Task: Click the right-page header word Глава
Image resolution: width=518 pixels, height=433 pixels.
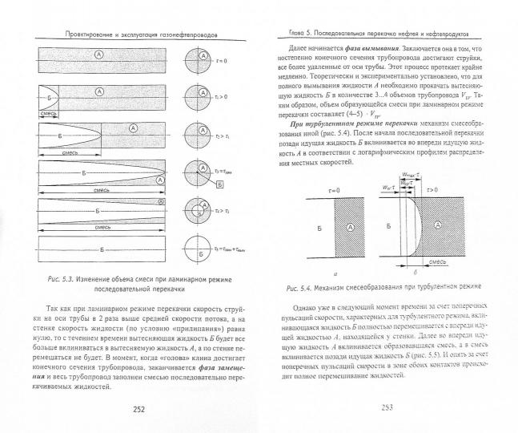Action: click(285, 33)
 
